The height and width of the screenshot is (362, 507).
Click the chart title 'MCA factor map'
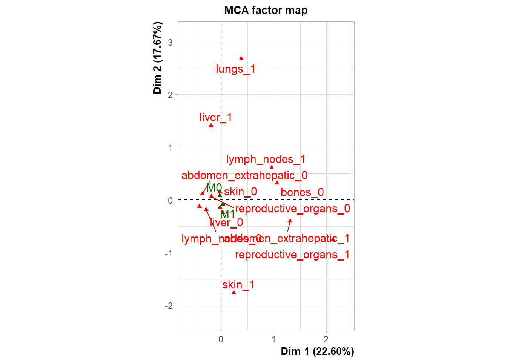(x=266, y=10)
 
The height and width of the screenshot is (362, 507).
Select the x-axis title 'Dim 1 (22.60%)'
(x=317, y=351)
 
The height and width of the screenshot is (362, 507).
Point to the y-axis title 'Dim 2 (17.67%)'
(x=157, y=58)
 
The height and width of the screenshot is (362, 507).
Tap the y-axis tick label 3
(x=171, y=42)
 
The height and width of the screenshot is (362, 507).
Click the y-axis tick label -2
(x=169, y=306)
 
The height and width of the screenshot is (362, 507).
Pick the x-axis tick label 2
(x=326, y=339)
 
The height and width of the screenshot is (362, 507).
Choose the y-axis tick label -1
(x=169, y=253)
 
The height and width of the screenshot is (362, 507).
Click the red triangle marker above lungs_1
(x=241, y=58)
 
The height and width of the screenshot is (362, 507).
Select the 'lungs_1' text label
(x=235, y=69)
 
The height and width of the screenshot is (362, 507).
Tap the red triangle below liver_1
(x=211, y=125)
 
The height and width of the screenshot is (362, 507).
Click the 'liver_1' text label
(x=215, y=117)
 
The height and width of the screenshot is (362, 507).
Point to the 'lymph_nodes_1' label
(x=266, y=159)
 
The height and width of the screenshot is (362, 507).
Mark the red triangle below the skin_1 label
(x=234, y=292)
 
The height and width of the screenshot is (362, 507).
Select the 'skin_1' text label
(x=238, y=285)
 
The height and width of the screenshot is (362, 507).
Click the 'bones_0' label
(x=302, y=192)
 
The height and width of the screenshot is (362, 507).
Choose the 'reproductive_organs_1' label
(x=292, y=255)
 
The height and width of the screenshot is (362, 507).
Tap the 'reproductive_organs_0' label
(x=292, y=209)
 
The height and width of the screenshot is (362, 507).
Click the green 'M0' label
(x=214, y=187)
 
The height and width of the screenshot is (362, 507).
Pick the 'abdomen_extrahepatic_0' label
(x=244, y=175)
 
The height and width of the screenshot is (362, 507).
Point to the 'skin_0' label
(x=240, y=192)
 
